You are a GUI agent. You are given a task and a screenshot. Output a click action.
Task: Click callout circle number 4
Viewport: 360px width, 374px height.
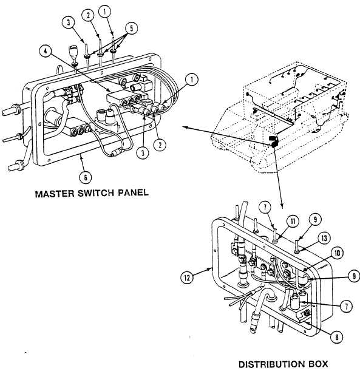(46, 51)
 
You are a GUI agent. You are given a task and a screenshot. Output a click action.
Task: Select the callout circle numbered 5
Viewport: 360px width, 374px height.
(131, 29)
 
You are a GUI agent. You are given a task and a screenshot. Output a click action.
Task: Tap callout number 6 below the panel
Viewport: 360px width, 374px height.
(86, 177)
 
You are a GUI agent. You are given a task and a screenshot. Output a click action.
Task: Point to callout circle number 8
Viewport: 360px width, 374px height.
(336, 337)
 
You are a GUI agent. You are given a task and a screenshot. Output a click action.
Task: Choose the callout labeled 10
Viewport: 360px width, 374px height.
(337, 253)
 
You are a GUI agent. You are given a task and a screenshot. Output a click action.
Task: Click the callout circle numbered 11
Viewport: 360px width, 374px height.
(293, 222)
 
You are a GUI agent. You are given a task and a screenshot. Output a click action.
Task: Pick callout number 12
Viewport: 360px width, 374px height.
(187, 277)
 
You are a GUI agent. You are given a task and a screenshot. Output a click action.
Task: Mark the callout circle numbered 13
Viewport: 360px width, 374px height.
(324, 238)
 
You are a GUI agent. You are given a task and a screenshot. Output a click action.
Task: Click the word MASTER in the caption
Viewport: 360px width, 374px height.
(55, 194)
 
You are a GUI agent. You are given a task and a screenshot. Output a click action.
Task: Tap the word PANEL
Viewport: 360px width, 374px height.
(133, 192)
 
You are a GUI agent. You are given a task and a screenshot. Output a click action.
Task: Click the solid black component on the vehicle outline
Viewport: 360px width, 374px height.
(273, 141)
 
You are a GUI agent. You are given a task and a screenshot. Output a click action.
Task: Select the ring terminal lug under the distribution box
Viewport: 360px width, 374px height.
(253, 330)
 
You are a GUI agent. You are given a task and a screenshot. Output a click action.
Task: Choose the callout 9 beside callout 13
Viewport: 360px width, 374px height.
(316, 219)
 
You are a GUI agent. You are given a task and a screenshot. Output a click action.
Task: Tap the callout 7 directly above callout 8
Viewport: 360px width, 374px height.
(346, 306)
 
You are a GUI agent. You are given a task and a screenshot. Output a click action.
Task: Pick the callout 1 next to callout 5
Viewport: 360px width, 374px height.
(105, 11)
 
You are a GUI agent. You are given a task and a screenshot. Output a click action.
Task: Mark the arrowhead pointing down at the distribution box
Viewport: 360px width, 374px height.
(282, 205)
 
